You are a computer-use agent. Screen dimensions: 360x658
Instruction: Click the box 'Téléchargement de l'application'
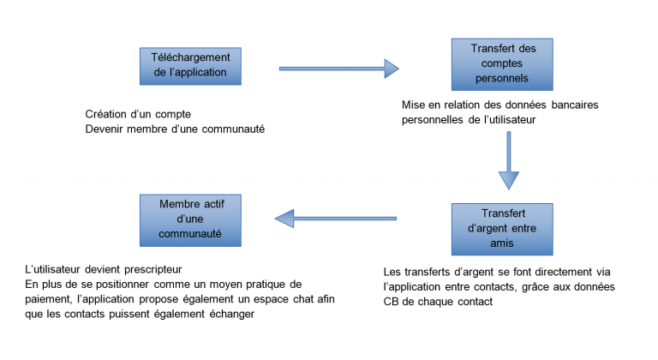(189, 64)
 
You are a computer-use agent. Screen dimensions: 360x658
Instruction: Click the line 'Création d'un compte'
(138, 114)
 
